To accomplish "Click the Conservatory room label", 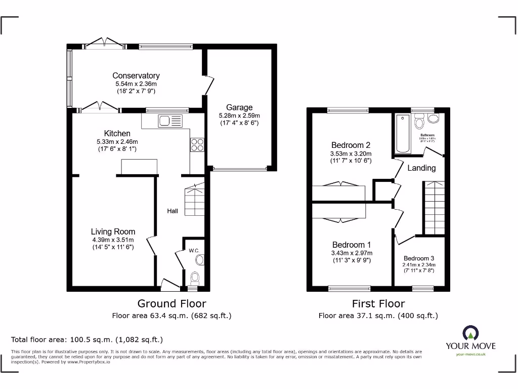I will pyautogui.click(x=136, y=76).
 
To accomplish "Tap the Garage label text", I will pyautogui.click(x=239, y=107).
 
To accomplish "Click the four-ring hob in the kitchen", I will pyautogui.click(x=197, y=145).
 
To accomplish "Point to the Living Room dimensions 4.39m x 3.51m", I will pyautogui.click(x=113, y=240).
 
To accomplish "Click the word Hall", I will pyautogui.click(x=172, y=211).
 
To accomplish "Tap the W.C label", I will pyautogui.click(x=193, y=250).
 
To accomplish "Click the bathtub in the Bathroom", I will pyautogui.click(x=403, y=133).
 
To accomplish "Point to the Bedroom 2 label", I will pyautogui.click(x=351, y=145).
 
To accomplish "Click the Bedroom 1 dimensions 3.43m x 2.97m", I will pyautogui.click(x=351, y=253).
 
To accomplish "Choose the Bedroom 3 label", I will pyautogui.click(x=418, y=258).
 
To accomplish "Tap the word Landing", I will pyautogui.click(x=421, y=168).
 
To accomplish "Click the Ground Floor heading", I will pyautogui.click(x=171, y=303).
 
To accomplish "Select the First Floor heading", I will pyautogui.click(x=378, y=303).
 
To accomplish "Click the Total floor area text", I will pyautogui.click(x=87, y=339).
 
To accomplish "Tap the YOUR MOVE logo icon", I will pyautogui.click(x=470, y=333).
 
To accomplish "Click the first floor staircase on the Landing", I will pyautogui.click(x=434, y=208).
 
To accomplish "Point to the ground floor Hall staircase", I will pyautogui.click(x=195, y=200).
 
